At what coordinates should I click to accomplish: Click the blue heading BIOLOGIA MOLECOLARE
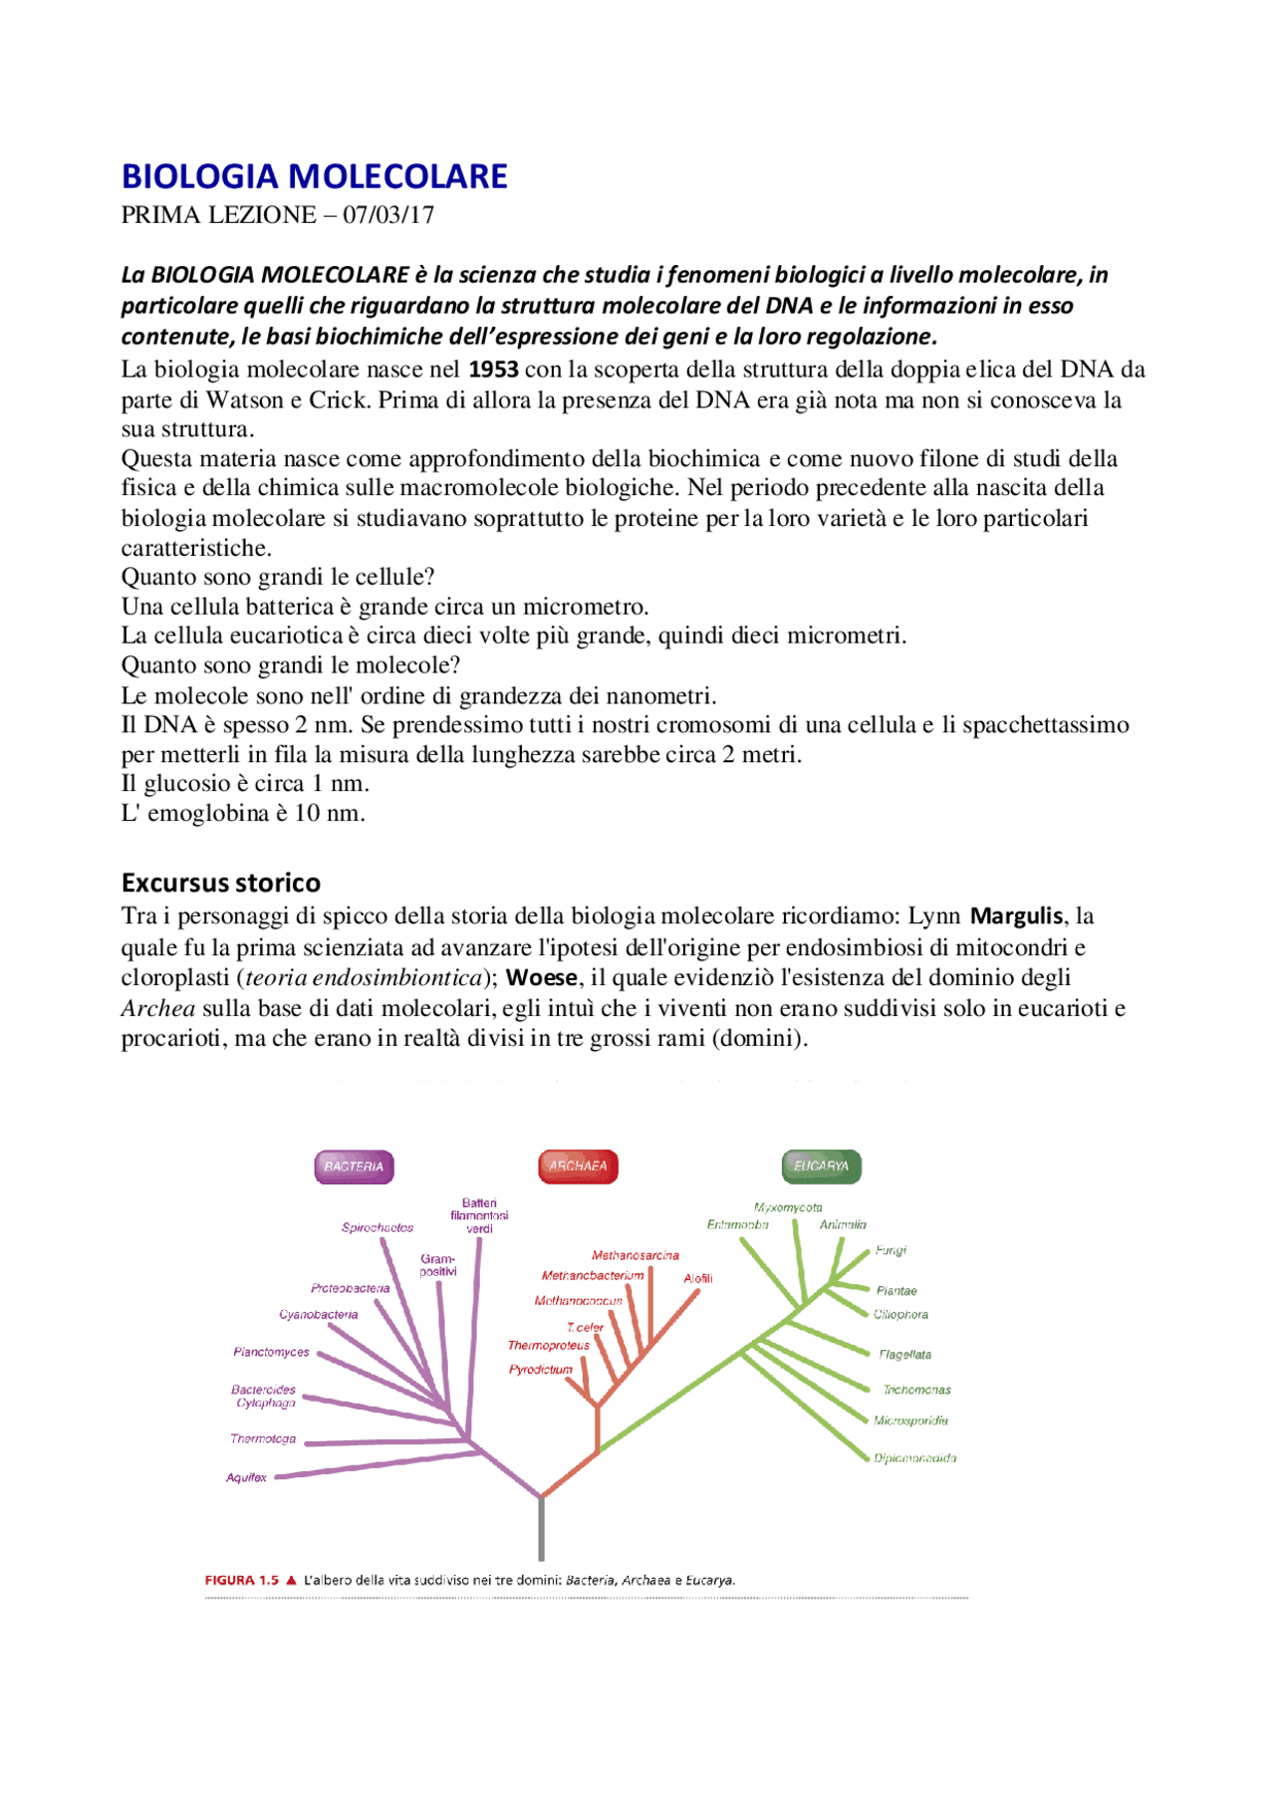314,176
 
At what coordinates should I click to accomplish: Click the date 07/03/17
388,215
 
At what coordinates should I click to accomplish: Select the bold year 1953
493,370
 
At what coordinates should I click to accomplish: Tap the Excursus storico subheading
220,883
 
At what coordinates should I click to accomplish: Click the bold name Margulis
1016,916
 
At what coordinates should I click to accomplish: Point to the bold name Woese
541,978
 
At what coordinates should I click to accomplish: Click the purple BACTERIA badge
354,1166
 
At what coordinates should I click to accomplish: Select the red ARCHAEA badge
578,1165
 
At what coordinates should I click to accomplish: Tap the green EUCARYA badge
821,1165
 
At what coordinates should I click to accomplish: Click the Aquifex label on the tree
246,1477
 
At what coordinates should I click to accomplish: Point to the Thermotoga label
263,1438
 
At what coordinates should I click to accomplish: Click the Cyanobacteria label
318,1315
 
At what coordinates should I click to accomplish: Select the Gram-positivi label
437,1265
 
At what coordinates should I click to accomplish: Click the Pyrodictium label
540,1370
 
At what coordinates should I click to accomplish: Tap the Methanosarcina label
635,1255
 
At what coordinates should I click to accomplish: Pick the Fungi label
891,1250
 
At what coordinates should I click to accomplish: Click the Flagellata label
904,1355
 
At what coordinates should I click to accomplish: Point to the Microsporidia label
910,1420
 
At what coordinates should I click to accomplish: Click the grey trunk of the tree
541,1529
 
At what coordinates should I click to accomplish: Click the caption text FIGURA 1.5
241,1580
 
